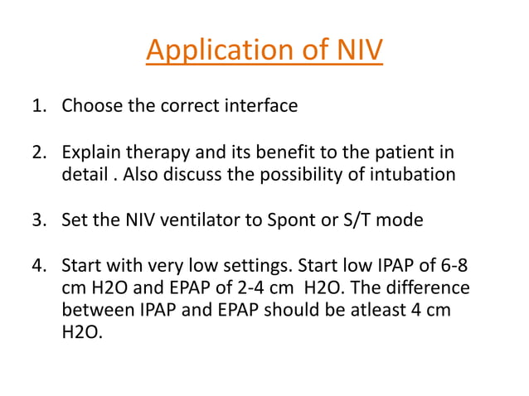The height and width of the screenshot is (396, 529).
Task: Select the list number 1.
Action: tap(36, 106)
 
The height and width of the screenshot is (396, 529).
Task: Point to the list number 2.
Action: tap(36, 153)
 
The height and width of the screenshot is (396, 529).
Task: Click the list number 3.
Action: tap(36, 220)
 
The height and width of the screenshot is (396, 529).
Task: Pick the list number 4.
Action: tap(36, 267)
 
